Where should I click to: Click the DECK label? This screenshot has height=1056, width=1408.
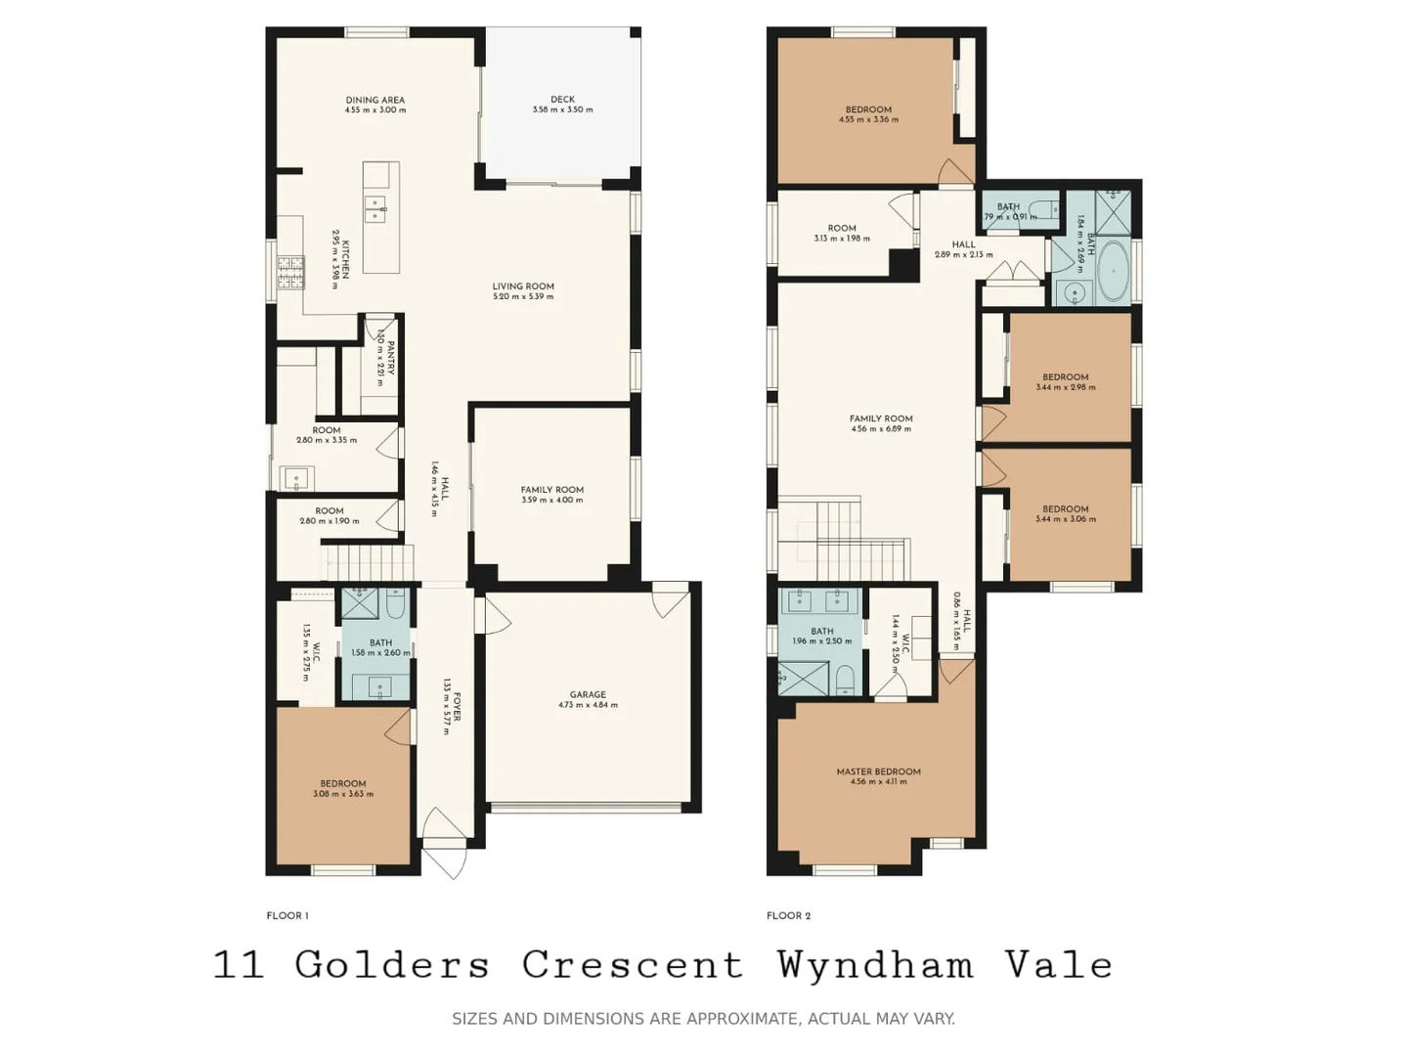(x=562, y=99)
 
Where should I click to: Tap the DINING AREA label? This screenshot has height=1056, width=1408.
(x=374, y=100)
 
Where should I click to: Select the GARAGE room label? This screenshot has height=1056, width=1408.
(x=588, y=694)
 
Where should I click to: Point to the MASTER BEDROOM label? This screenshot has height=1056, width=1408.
(x=878, y=771)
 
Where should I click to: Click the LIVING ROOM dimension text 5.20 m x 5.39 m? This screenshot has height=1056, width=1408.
(x=523, y=296)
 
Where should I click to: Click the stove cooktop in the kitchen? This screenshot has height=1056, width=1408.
(x=290, y=273)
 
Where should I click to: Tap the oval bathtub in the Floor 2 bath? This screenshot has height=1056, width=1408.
(x=1113, y=271)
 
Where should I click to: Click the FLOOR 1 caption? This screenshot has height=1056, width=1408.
(x=287, y=916)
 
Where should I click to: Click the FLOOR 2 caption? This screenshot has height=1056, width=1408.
(x=788, y=916)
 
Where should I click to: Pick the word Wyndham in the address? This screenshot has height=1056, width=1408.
(x=875, y=965)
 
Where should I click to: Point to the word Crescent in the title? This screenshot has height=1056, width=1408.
(x=632, y=965)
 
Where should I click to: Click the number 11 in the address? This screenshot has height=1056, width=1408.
(x=239, y=965)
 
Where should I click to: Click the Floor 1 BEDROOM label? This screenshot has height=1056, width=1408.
(x=343, y=783)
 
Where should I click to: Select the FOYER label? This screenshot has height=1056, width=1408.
(x=457, y=707)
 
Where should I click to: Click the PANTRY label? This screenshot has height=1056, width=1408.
(x=389, y=357)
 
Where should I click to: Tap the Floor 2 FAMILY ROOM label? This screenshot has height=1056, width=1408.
(x=881, y=418)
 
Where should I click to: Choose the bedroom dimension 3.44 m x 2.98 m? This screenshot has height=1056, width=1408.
(x=1065, y=387)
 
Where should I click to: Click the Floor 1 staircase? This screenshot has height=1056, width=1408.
(x=370, y=563)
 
